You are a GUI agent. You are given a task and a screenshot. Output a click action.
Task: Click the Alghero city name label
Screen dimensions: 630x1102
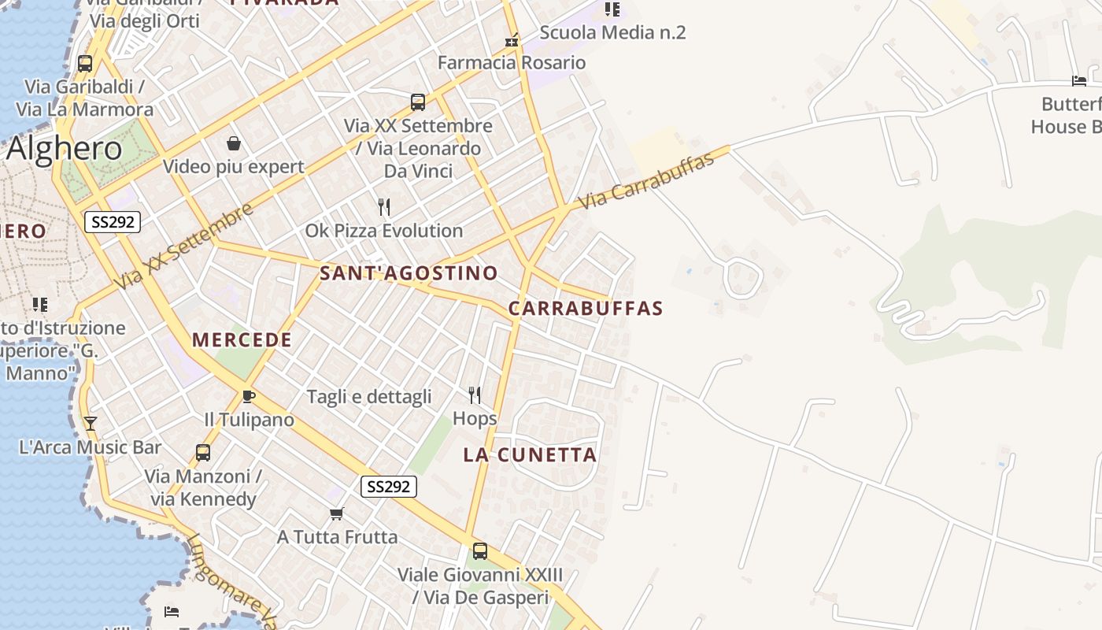point(65,148)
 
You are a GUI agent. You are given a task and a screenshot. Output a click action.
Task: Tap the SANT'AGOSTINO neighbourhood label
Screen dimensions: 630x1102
point(409,273)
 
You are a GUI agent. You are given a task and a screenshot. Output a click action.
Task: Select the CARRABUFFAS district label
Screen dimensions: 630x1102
point(586,308)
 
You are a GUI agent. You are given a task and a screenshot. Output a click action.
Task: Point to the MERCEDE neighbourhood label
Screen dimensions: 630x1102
point(242,340)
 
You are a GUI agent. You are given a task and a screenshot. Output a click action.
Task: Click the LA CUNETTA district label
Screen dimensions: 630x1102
point(530,454)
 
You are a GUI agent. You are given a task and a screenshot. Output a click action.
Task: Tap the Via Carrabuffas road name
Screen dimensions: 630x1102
point(646,180)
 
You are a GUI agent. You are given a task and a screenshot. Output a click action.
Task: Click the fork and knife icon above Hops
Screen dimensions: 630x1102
point(475,395)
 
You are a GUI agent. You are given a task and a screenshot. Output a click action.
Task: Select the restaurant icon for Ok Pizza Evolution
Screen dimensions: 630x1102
point(384,207)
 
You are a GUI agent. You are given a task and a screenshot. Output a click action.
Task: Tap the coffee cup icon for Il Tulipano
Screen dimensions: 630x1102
point(249,396)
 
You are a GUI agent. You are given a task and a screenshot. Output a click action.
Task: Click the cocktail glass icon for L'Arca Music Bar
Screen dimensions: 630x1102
point(91,424)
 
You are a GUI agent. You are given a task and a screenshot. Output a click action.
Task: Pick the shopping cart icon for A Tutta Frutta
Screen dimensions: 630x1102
point(337,513)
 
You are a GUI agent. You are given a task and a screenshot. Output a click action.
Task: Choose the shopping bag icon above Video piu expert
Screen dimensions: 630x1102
point(234,143)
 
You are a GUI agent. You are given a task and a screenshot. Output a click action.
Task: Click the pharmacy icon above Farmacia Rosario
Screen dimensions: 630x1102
point(512,39)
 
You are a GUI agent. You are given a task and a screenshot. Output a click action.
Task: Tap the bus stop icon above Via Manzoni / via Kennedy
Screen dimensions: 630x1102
point(203,453)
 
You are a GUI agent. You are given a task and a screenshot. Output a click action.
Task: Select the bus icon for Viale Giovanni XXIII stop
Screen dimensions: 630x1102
point(480,551)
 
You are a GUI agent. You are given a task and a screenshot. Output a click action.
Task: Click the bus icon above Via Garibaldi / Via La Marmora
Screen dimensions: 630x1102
point(85,64)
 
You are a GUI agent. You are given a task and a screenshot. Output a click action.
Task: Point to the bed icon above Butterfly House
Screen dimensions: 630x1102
point(1079,80)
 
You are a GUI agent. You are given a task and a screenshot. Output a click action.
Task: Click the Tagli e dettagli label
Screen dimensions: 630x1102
point(369,396)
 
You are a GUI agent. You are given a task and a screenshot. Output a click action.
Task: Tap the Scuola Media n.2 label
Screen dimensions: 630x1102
point(612,32)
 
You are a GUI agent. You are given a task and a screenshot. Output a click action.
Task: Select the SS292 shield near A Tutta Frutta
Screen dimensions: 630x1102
point(389,487)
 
